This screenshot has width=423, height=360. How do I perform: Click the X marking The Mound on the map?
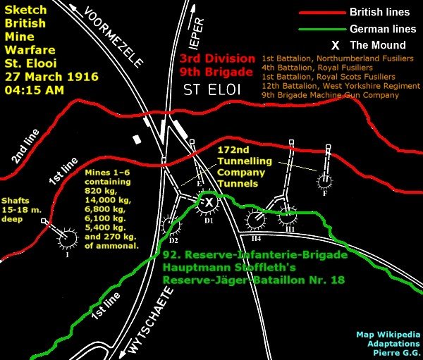click(x=209, y=202)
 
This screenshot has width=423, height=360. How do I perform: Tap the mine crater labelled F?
click(x=324, y=182)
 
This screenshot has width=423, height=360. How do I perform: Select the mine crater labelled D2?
click(x=170, y=225)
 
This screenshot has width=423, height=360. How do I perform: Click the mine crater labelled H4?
click(x=255, y=221)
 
